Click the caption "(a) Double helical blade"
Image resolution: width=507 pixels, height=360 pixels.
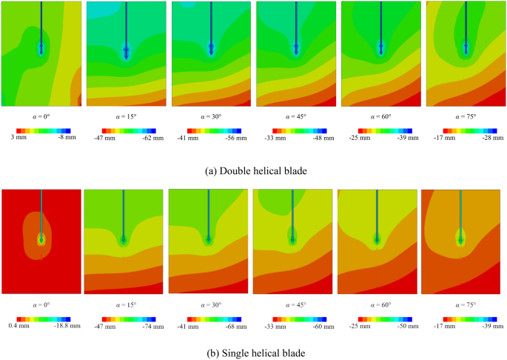[x=253, y=169]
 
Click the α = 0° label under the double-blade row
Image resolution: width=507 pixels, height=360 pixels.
[x=41, y=117]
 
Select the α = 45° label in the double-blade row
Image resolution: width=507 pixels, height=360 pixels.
[x=296, y=117]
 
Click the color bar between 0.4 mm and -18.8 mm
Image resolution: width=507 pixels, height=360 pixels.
[x=41, y=317]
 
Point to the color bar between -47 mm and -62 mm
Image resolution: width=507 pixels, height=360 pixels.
[x=126, y=130]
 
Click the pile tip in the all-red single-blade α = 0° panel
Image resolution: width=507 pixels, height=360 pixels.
[x=41, y=239]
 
